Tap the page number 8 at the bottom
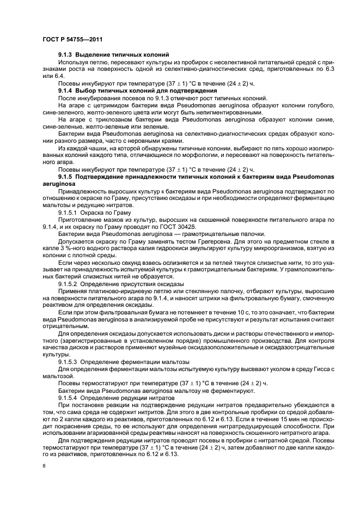44,466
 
